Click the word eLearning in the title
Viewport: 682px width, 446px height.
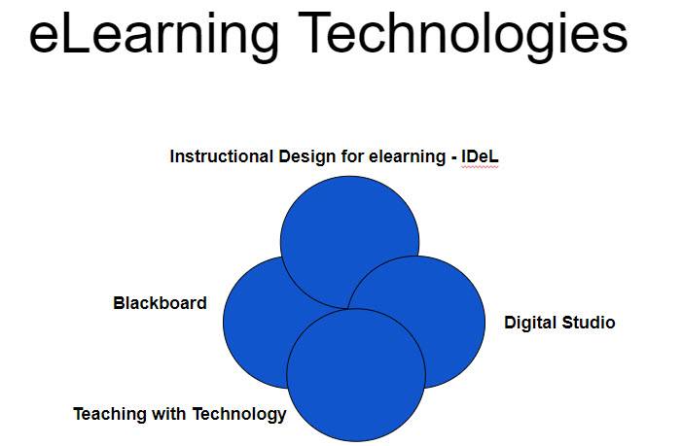[x=154, y=35]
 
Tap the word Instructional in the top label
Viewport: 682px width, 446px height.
[x=222, y=156]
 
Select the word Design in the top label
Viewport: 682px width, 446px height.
[x=307, y=157]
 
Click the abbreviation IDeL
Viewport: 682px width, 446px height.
[x=480, y=156]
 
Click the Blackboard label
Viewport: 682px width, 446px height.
[x=160, y=303]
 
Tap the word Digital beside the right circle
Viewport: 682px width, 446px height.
[x=530, y=324]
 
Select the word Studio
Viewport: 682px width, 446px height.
[x=589, y=323]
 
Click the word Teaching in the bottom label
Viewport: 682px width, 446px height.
[x=111, y=414]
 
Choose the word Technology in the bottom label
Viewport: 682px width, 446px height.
[x=238, y=414]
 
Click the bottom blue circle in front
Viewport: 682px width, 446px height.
[x=356, y=375]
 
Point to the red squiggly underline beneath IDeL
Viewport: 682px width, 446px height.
[x=480, y=166]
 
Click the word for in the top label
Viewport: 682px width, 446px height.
[x=352, y=156]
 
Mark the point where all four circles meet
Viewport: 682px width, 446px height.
[x=348, y=309]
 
